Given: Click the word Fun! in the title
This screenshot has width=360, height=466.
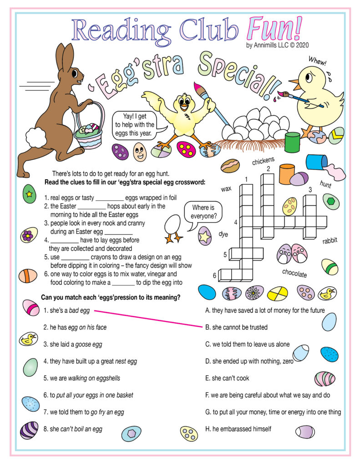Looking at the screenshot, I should click(x=274, y=30).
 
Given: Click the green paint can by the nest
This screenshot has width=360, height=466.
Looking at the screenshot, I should click(x=292, y=142).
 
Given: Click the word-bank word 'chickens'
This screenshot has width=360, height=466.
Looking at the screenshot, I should click(x=263, y=160).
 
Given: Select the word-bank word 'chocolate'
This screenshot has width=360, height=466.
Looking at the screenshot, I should click(x=294, y=274).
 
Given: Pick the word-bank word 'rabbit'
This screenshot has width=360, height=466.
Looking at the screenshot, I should click(x=330, y=241).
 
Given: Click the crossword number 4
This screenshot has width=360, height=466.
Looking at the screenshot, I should click(x=235, y=223).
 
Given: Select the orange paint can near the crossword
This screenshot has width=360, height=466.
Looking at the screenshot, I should click(x=287, y=173).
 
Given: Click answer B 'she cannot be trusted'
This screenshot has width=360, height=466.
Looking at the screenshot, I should click(x=236, y=327).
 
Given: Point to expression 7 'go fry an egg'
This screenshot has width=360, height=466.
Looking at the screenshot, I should click(x=84, y=412).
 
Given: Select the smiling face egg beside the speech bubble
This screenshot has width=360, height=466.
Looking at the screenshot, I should click(x=140, y=152).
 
